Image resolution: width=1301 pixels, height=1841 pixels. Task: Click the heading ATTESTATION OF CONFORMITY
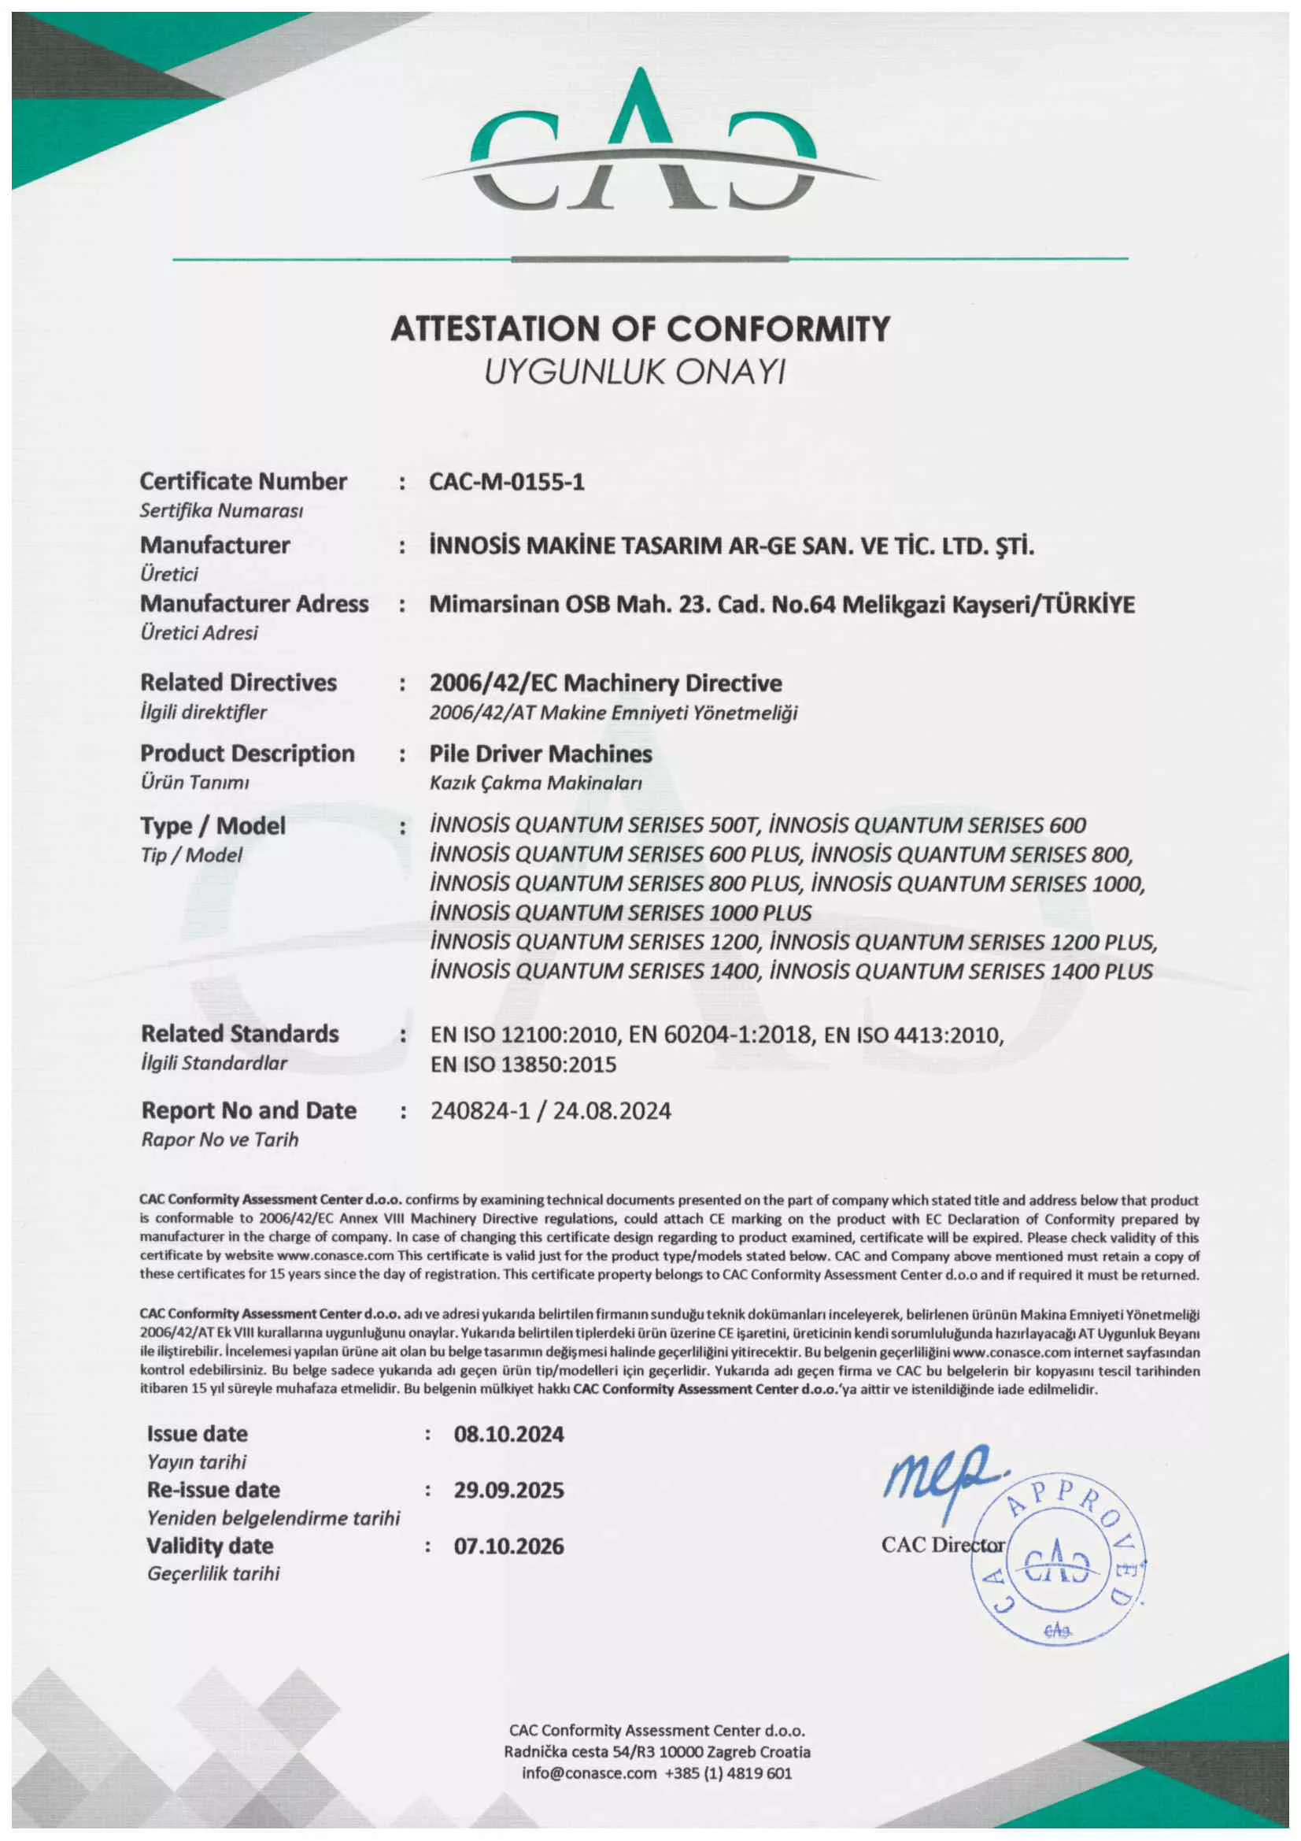pos(640,329)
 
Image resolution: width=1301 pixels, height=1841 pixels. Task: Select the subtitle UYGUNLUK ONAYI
pos(634,372)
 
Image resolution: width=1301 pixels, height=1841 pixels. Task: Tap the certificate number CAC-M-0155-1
pos(507,482)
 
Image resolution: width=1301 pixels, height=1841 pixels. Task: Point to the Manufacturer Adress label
pos(254,604)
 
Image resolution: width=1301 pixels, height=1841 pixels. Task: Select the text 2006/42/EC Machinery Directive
pos(605,683)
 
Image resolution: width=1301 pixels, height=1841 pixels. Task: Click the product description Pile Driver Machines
pos(540,754)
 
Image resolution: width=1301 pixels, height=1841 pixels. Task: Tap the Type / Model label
pos(213,826)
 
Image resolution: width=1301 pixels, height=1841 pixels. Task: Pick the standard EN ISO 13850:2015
pos(523,1065)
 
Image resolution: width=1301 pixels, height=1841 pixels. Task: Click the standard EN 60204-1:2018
pos(720,1035)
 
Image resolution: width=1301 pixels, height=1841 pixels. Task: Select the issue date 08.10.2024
pos(509,1435)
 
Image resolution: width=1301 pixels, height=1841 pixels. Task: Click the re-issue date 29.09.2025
pos(509,1491)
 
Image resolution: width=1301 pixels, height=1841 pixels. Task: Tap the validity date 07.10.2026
pos(509,1546)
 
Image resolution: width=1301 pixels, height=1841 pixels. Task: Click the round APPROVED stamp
pos(1058,1564)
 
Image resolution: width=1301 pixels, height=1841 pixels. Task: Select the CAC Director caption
pos(943,1545)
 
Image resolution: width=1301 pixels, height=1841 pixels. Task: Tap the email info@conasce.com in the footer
pos(589,1772)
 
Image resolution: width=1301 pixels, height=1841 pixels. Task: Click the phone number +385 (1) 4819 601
pos(728,1772)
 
